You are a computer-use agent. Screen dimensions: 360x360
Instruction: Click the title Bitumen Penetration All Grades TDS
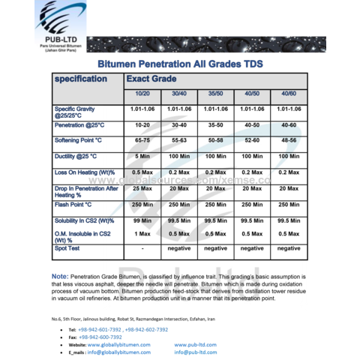[x=180, y=64]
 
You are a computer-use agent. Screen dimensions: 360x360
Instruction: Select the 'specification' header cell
[x=80, y=79]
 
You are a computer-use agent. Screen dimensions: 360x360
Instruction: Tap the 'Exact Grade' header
[x=151, y=79]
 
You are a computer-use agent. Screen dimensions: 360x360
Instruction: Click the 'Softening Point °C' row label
[x=78, y=140]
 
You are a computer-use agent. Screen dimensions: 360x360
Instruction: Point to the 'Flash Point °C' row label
[x=73, y=203]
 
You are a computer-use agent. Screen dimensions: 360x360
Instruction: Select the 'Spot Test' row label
[x=67, y=247]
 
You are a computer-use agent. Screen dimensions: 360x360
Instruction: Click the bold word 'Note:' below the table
[x=60, y=276]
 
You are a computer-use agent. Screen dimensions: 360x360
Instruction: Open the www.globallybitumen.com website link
[x=123, y=344]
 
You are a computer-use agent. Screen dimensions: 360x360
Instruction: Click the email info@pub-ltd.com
[x=196, y=351]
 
